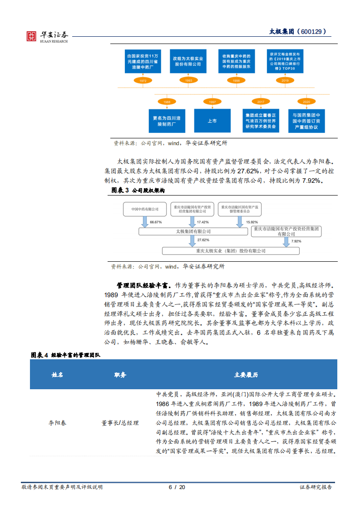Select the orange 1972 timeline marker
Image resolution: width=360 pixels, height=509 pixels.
pos(143,80)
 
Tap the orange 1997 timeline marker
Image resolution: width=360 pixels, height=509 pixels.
pos(212,103)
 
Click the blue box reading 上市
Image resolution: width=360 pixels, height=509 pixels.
pos(212,121)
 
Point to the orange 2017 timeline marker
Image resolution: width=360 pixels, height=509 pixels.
pos(261,103)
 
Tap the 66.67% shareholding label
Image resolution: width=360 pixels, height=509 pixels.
pos(156,222)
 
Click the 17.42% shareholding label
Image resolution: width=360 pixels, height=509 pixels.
pos(202,222)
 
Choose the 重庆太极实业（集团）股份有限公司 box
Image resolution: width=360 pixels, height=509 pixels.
pos(231,251)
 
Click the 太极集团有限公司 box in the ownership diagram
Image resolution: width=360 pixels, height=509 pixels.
pos(193,231)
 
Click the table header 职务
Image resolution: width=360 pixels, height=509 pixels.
pos(120,375)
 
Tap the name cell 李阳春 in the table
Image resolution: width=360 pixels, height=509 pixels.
pos(57,423)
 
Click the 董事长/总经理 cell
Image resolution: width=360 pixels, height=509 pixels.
pos(120,423)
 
